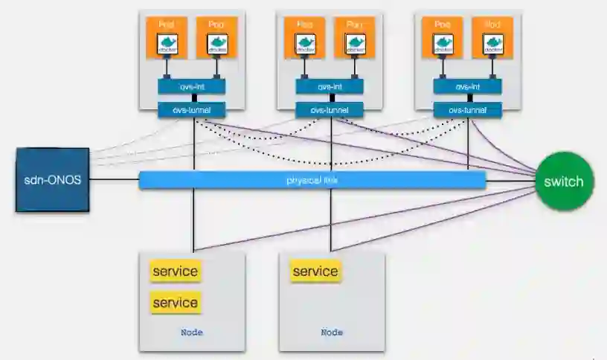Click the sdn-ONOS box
point(52,180)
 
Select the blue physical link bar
point(312,180)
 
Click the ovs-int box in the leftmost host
point(191,86)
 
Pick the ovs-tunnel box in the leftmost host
point(191,110)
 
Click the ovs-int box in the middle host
point(330,86)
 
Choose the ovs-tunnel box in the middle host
point(330,110)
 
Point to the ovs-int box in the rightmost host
point(468,86)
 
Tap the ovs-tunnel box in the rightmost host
point(468,110)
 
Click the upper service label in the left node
point(176,271)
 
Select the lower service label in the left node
point(176,303)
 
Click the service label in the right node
point(315,271)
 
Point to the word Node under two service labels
point(191,332)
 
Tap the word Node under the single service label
point(332,332)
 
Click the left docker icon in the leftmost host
point(167,44)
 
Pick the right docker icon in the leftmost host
point(216,44)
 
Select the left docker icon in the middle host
point(305,44)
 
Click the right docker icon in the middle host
point(355,44)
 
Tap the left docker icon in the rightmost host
point(443,44)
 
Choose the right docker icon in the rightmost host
point(493,44)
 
